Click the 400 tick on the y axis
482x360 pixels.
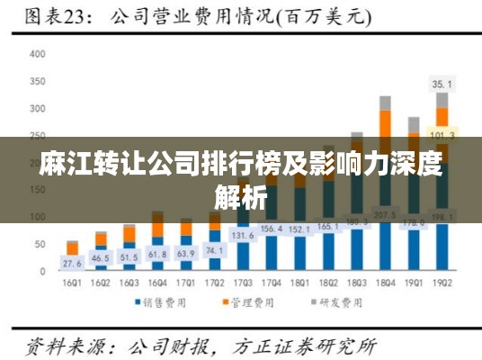tap(37, 54)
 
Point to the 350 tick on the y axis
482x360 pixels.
tap(37, 81)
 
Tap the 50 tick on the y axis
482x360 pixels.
tap(39, 244)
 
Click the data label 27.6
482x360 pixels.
tap(72, 264)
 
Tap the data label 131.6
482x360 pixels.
tap(243, 236)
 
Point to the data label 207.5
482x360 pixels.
tap(385, 216)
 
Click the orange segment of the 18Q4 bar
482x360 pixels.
tap(385, 123)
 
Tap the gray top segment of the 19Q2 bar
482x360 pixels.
tap(442, 100)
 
